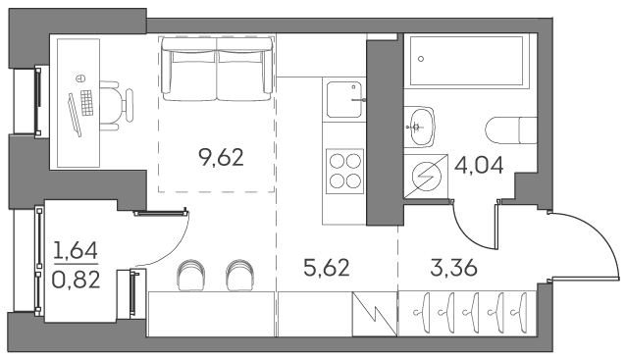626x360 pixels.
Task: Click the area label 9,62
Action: click(221, 157)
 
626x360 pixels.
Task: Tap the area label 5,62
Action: click(327, 268)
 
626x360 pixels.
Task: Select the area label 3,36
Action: click(454, 268)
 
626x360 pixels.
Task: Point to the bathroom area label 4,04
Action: click(479, 165)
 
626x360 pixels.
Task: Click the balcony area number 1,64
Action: click(76, 251)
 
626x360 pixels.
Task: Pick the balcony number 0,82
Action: click(76, 280)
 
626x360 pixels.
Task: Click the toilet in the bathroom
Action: click(511, 130)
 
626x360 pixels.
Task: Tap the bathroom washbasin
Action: click(419, 127)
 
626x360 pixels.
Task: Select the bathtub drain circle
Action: click(421, 59)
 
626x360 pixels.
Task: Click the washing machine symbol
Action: click(426, 176)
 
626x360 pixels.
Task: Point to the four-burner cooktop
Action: click(345, 172)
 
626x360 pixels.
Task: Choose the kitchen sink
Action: click(344, 99)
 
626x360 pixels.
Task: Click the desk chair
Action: click(116, 105)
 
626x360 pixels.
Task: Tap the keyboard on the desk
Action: click(86, 103)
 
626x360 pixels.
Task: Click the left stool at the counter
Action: click(190, 275)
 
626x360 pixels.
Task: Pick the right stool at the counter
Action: click(239, 275)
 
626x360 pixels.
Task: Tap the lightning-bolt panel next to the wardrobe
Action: click(375, 314)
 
